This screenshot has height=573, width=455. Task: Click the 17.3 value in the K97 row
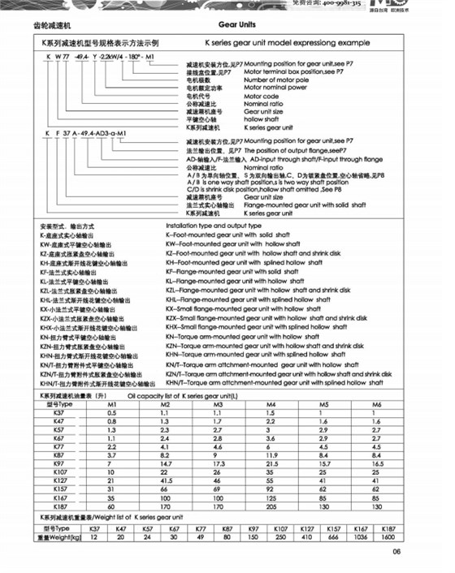pyautogui.click(x=218, y=462)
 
